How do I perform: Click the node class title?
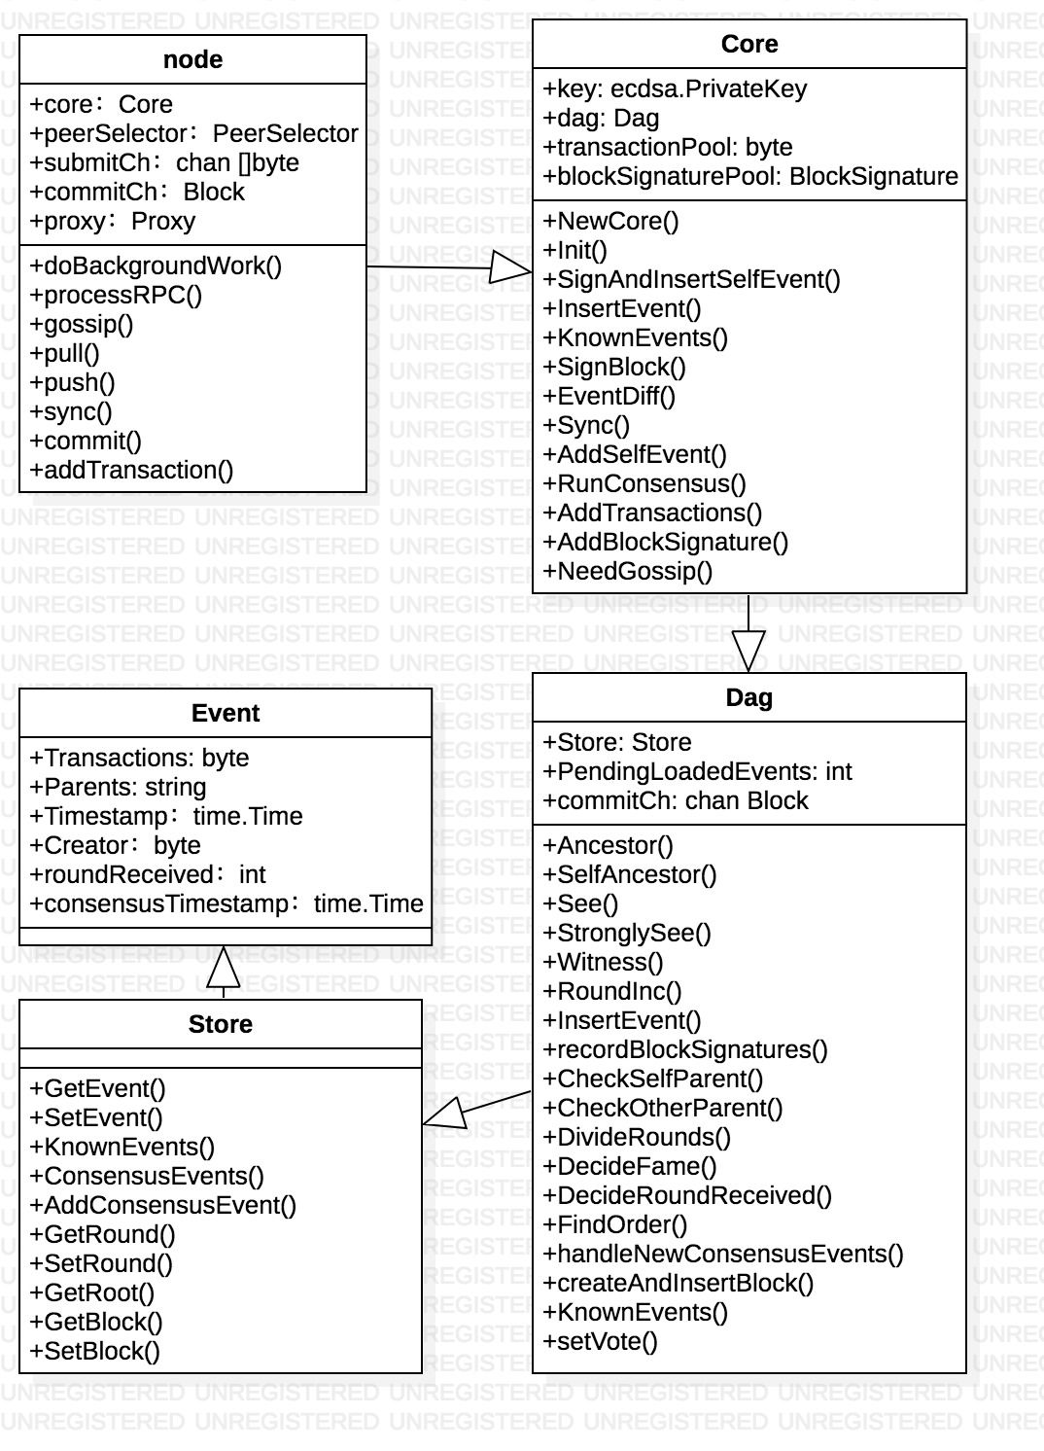tap(192, 59)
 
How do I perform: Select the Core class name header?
tap(749, 44)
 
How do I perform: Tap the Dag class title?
tap(749, 697)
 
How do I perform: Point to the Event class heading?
tap(226, 713)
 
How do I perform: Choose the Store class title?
tap(221, 1024)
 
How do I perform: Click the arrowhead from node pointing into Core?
tap(509, 267)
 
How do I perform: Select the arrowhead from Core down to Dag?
tap(748, 650)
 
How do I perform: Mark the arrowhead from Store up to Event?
tap(225, 965)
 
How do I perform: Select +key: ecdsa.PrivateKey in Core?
tap(676, 88)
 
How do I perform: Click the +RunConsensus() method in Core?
tap(644, 483)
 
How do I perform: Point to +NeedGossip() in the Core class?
tap(628, 571)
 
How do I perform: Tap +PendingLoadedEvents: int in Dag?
tap(697, 771)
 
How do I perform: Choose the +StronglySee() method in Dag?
tap(627, 933)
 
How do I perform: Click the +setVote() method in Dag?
tap(601, 1341)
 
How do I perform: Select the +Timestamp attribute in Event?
tap(166, 816)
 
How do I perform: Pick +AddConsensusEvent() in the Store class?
tap(163, 1205)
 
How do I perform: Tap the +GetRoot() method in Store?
tap(92, 1292)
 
